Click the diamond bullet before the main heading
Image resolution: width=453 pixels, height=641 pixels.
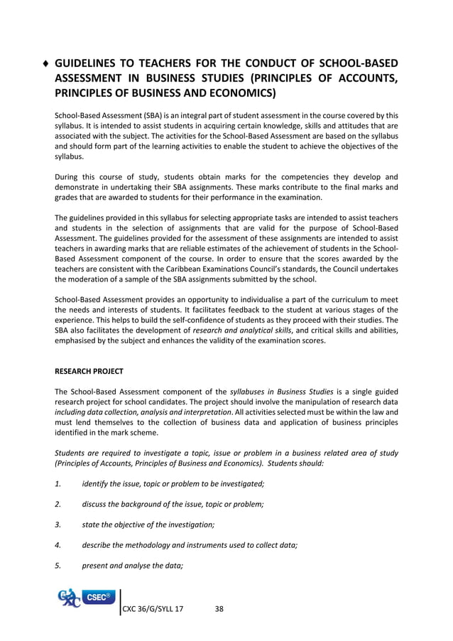pos(46,63)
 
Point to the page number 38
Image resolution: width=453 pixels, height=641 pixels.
pos(219,609)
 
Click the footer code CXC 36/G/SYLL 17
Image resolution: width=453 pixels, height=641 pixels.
pos(153,609)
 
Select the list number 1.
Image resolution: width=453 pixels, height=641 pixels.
pos(58,484)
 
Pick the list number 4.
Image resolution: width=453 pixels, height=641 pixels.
pos(58,544)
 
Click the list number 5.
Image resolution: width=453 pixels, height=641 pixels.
pos(58,565)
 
